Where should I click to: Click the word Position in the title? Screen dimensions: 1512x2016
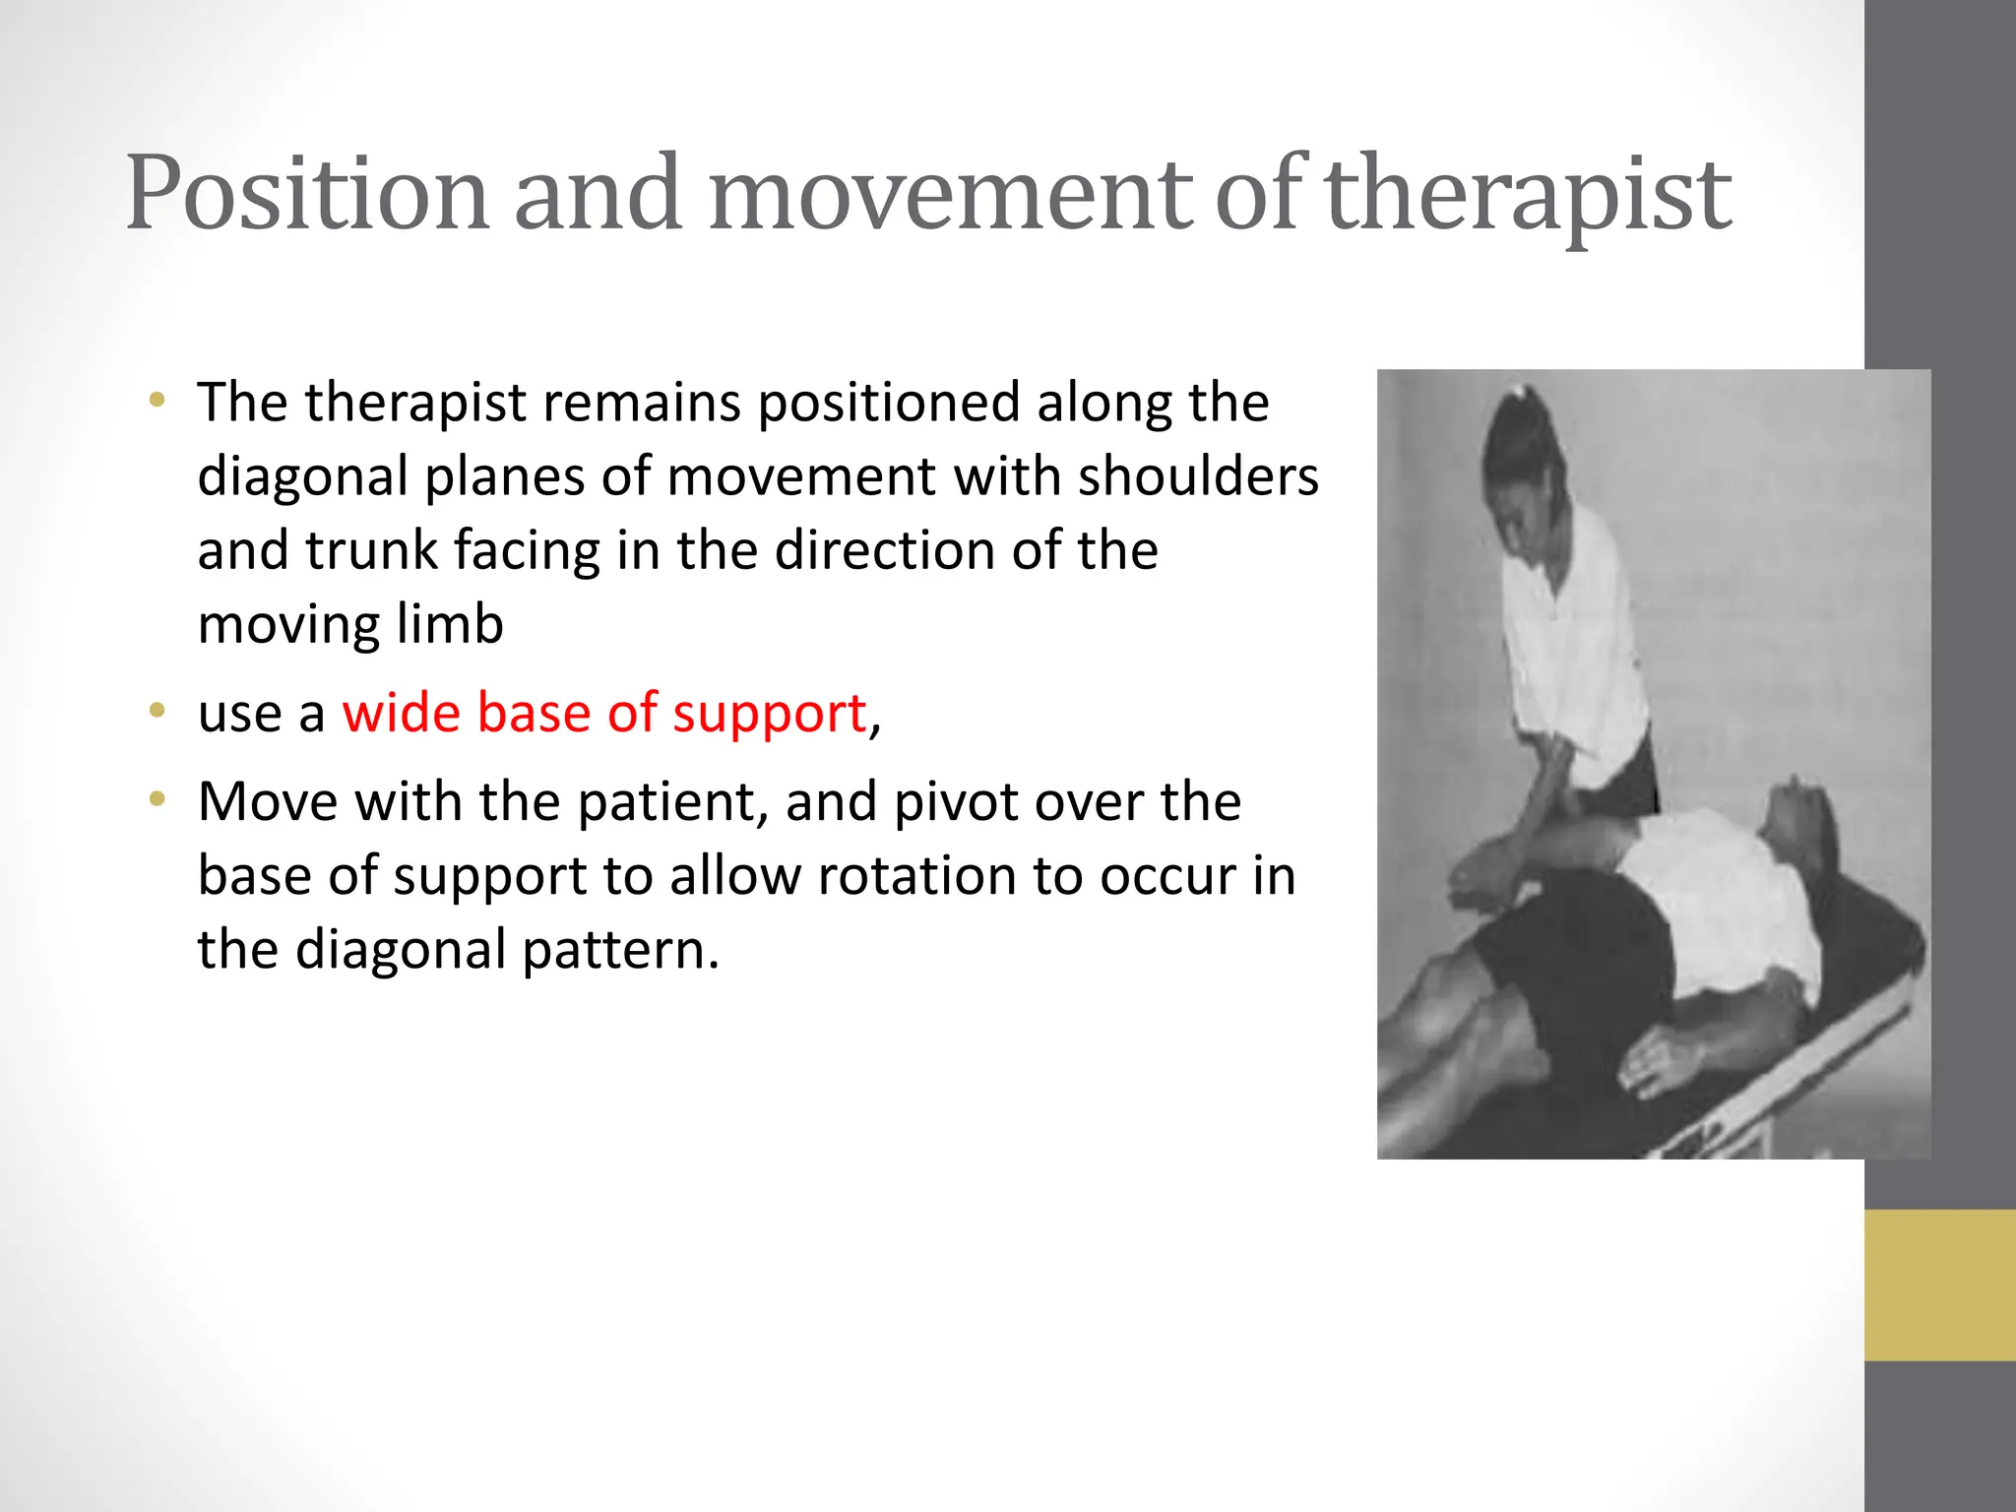(306, 194)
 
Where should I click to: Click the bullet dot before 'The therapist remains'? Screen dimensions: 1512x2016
(157, 401)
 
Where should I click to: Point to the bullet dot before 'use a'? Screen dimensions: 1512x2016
(157, 711)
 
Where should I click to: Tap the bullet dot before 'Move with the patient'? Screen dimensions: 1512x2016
(157, 799)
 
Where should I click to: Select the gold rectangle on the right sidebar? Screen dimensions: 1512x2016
(1939, 1285)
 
